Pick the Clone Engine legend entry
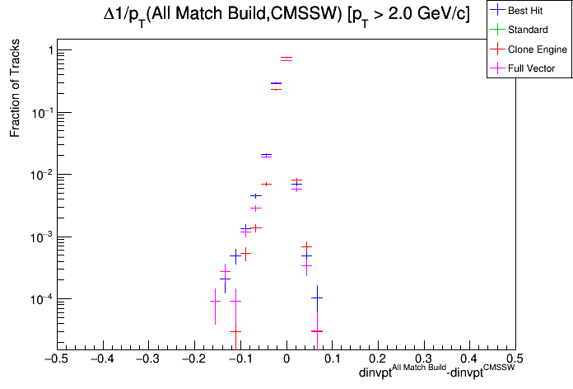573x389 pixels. click(538, 49)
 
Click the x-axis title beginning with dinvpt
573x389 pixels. click(436, 374)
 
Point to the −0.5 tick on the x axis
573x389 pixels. click(55, 359)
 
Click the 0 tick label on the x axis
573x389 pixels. click(286, 359)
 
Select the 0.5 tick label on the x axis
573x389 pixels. click(515, 359)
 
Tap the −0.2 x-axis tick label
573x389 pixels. click(193, 359)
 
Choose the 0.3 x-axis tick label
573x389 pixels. click(423, 359)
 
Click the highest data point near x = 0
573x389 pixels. click(286, 59)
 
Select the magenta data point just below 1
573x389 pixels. click(276, 83)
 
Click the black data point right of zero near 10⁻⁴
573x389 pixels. click(316, 298)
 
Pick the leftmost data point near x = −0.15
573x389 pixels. click(215, 301)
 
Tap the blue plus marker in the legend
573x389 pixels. click(496, 10)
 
